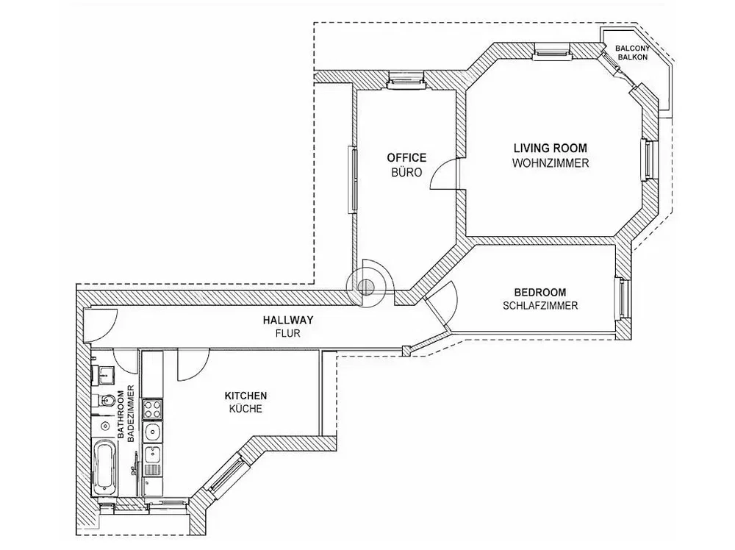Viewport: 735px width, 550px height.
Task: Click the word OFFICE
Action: click(406, 157)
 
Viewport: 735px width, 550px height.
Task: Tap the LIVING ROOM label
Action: click(551, 149)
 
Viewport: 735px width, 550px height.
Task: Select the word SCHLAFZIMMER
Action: click(540, 306)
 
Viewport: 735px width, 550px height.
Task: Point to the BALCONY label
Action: click(632, 49)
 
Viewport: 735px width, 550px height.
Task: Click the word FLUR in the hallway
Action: click(288, 334)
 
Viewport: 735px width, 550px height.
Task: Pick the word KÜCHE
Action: click(245, 408)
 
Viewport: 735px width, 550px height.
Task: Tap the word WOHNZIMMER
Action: click(551, 163)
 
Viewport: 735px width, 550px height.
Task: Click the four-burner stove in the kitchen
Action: click(152, 408)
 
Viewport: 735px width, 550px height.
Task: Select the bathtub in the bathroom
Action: click(104, 467)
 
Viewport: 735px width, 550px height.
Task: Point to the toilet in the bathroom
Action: click(104, 400)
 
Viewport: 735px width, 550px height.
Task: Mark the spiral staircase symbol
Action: click(366, 285)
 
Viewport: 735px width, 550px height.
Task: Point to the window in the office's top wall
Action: click(406, 79)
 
